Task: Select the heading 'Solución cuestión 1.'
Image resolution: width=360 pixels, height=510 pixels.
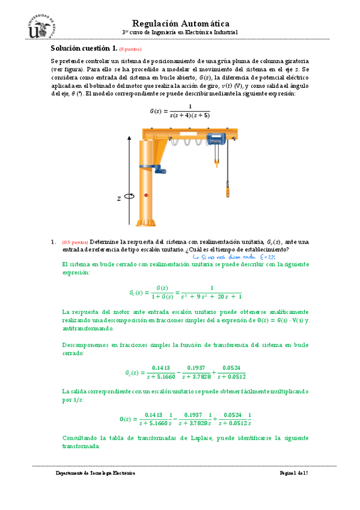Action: coord(84,48)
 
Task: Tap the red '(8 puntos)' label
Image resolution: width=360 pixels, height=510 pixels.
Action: coord(130,49)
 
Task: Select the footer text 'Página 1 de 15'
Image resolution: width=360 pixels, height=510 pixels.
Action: coord(293,474)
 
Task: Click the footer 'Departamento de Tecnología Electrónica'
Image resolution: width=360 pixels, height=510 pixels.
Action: coord(96,474)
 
